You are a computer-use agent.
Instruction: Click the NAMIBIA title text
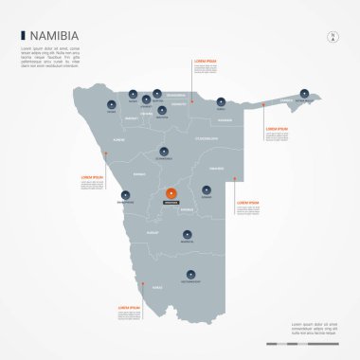54,36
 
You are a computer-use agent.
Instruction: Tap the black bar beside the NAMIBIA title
23,36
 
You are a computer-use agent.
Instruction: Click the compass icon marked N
333,37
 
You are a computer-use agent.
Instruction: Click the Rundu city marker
220,99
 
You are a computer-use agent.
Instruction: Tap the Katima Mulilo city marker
305,93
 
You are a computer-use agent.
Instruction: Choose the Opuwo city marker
113,104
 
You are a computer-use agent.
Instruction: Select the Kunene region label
119,138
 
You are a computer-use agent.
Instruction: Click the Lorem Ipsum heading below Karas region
129,307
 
